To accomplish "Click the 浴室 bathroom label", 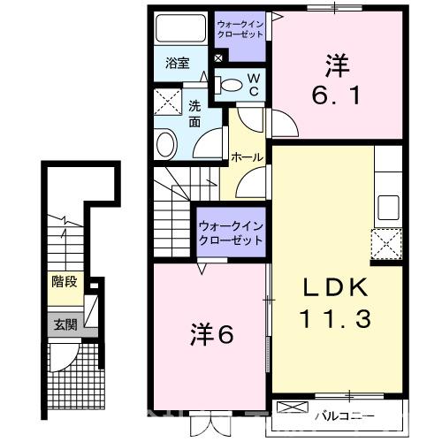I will coord(178,63).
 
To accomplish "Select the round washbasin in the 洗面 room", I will coord(165,144).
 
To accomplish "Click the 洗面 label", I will coord(194,112).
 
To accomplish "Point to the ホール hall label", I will coord(246,156).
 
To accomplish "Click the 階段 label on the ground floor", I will coord(63,283).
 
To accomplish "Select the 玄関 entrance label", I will coord(65,324).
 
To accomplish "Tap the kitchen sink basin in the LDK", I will coord(389,209).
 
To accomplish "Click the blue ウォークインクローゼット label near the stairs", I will coord(232,233).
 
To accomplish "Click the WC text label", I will coord(253,85).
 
